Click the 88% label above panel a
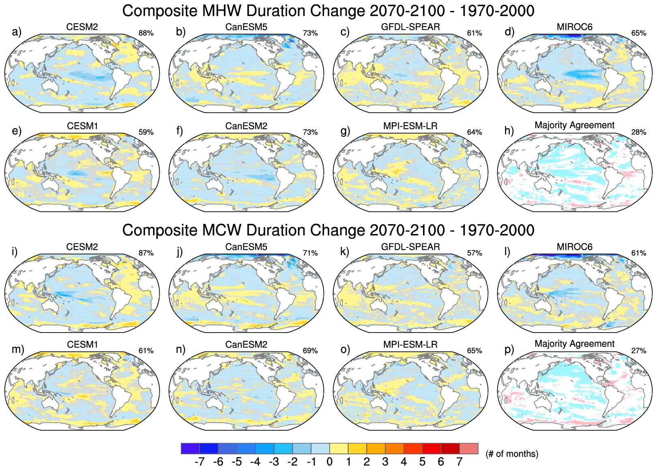coord(146,33)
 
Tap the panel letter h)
coord(509,131)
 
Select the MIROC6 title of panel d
coord(574,27)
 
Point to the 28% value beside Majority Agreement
coord(639,132)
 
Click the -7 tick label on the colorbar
coord(199,462)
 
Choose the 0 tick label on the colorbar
coord(329,462)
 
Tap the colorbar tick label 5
coord(422,462)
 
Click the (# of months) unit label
coord(512,454)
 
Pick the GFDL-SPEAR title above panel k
coord(410,247)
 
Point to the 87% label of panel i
coord(146,253)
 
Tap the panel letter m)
coord(18,349)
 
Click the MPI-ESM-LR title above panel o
coord(410,345)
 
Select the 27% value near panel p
coord(639,351)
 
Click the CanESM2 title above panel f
coord(246,126)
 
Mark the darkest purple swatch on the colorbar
coord(190,449)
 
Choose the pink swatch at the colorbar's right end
coord(469,449)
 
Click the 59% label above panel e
coord(146,132)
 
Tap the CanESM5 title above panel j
coord(246,247)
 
